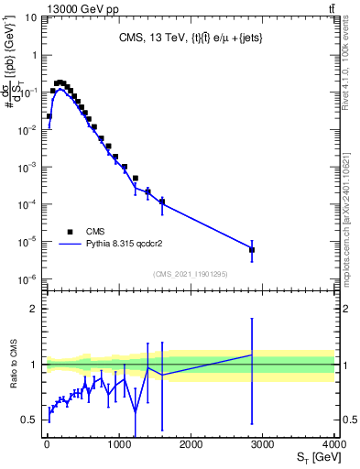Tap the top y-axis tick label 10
[28, 17]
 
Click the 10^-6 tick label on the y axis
[27, 280]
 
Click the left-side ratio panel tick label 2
[33, 309]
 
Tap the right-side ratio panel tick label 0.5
[348, 420]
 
